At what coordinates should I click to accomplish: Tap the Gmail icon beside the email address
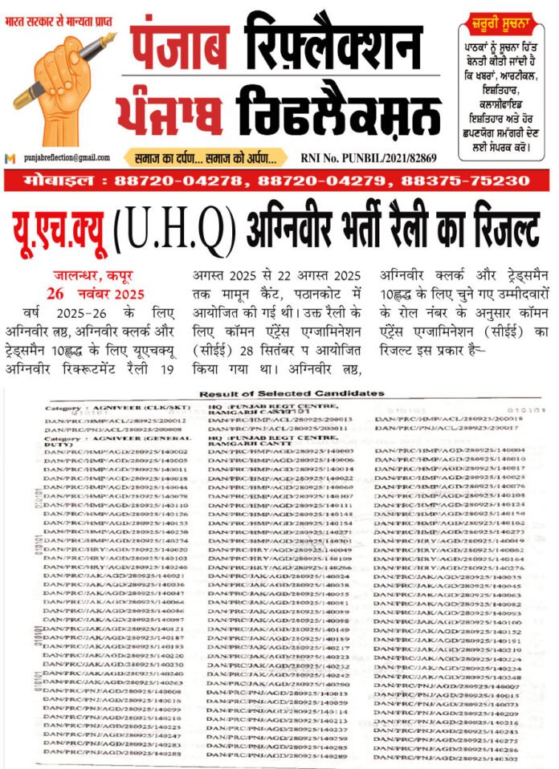[x=10, y=158]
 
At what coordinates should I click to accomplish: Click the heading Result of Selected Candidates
[x=292, y=393]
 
